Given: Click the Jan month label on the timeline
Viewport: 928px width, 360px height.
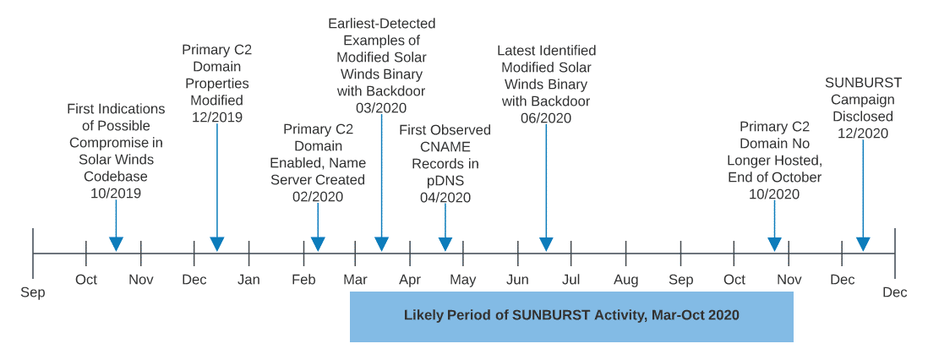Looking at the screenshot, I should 248,280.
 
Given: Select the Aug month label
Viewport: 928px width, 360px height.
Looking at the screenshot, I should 626,280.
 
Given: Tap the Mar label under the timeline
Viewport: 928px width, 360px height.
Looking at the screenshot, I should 356,280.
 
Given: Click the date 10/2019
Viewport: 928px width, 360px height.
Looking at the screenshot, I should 116,194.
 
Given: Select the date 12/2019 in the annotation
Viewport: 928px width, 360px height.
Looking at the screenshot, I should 217,117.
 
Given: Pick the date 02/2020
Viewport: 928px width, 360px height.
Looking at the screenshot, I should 318,197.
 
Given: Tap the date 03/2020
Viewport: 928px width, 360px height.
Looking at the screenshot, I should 381,108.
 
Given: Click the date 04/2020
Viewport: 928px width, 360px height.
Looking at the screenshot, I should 445,198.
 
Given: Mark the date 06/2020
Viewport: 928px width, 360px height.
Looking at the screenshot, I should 546,118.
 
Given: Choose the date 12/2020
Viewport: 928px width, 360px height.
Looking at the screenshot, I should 863,134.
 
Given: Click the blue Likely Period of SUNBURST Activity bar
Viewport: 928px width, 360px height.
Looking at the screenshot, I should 571,316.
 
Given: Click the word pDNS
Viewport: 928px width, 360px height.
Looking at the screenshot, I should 445,181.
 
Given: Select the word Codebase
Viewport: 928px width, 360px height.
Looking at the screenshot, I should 116,177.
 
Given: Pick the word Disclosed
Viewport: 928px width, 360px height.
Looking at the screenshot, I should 863,117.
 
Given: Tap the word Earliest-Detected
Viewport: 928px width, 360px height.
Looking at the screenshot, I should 382,23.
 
